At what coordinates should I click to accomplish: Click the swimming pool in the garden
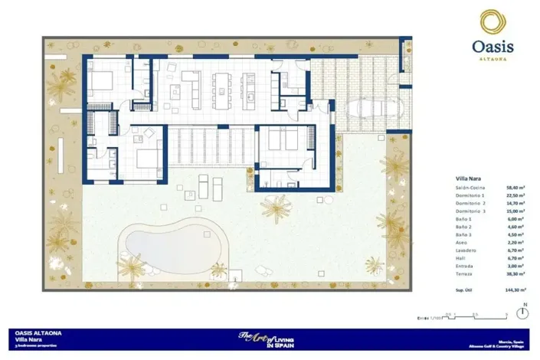pos(172,247)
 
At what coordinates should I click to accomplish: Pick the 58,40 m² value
pos(516,187)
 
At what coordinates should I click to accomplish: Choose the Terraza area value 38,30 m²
pos(516,274)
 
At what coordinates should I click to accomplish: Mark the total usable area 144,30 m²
pos(515,291)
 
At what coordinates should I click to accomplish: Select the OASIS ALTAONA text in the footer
pos(39,333)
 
